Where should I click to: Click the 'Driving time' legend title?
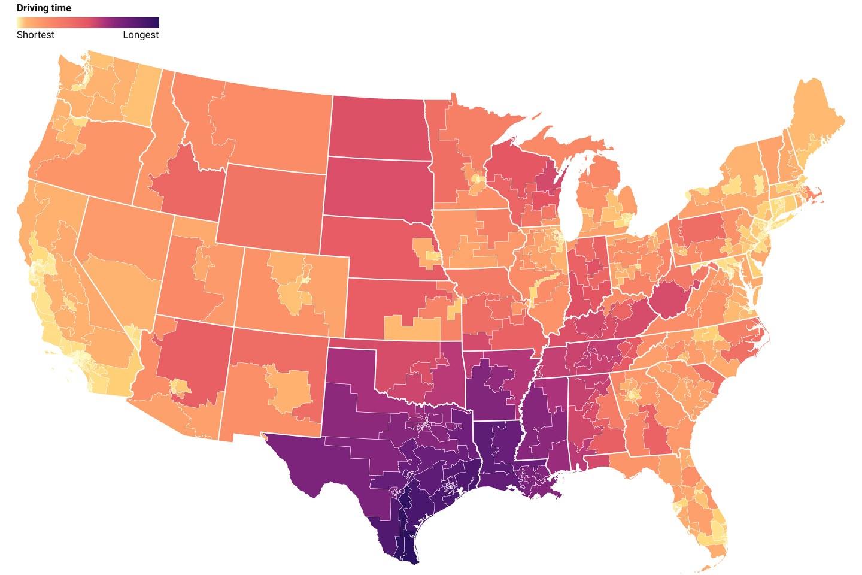(44, 8)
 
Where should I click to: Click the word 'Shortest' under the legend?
(35, 35)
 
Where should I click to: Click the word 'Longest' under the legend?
(141, 35)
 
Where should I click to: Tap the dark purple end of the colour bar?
(154, 23)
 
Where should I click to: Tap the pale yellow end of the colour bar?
(21, 23)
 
